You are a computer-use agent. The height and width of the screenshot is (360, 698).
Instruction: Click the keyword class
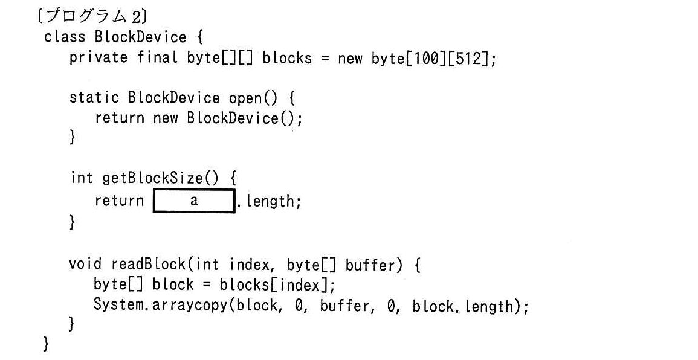tap(64, 36)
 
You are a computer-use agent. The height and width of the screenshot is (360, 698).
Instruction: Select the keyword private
tap(99, 58)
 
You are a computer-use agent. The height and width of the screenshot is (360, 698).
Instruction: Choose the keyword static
tap(94, 97)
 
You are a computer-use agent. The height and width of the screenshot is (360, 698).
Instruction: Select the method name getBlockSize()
tap(161, 178)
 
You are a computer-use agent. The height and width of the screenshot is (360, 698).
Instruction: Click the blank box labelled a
tap(194, 201)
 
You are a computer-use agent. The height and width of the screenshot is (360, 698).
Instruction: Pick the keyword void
tap(85, 264)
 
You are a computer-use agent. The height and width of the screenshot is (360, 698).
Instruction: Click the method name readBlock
tap(148, 265)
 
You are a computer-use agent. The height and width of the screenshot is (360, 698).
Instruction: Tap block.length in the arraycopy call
tap(462, 306)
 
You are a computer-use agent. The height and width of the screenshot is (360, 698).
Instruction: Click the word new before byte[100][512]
tap(350, 59)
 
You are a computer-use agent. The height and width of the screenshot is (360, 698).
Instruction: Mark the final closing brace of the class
tap(46, 344)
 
